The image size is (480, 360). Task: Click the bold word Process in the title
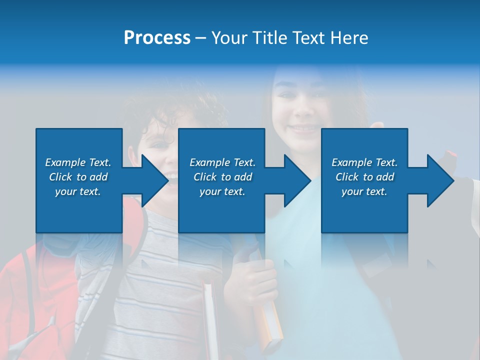click(x=157, y=38)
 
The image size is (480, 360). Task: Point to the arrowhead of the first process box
click(x=155, y=180)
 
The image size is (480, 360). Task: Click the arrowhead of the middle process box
click(x=298, y=180)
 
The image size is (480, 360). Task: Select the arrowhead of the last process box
click(x=440, y=180)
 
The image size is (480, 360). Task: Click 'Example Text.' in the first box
click(x=78, y=162)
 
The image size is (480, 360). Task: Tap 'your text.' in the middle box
click(x=222, y=191)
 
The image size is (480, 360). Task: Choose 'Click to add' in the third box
click(x=364, y=177)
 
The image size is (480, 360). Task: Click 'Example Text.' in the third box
click(x=364, y=162)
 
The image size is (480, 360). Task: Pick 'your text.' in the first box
click(x=78, y=191)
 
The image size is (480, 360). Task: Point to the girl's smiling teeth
click(x=303, y=128)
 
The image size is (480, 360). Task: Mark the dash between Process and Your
click(x=201, y=38)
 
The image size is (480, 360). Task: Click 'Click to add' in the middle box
click(x=222, y=177)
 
